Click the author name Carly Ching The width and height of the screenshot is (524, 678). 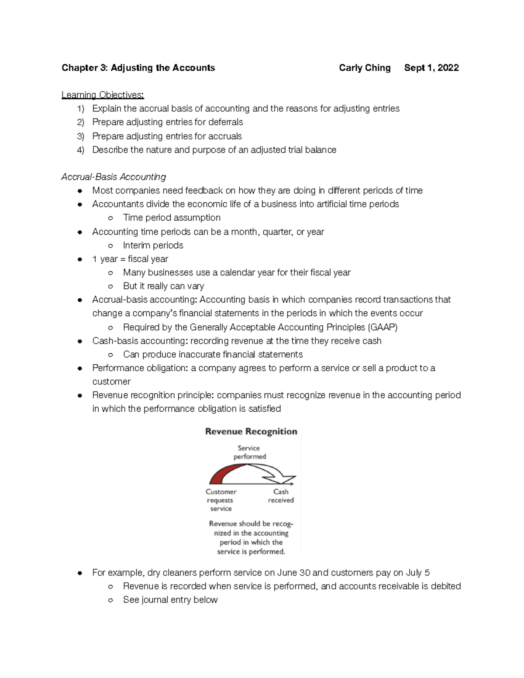[x=365, y=68]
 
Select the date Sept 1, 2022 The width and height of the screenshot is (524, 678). [x=431, y=68]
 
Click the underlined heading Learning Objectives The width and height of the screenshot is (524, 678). [x=103, y=95]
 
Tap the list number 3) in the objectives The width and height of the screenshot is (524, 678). [x=80, y=136]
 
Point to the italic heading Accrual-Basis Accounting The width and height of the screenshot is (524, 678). [x=114, y=177]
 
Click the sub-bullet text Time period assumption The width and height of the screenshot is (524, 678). [x=172, y=217]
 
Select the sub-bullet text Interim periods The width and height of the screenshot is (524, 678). [x=153, y=245]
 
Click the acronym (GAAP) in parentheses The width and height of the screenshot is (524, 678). [x=383, y=327]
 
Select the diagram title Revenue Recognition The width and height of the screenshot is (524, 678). [x=251, y=431]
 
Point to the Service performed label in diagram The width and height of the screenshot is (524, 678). [x=249, y=452]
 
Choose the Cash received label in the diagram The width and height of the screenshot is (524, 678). [x=281, y=496]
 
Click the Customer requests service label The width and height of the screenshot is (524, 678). [x=221, y=500]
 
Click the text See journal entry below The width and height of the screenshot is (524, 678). [x=170, y=600]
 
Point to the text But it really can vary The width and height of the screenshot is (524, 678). [x=164, y=286]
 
